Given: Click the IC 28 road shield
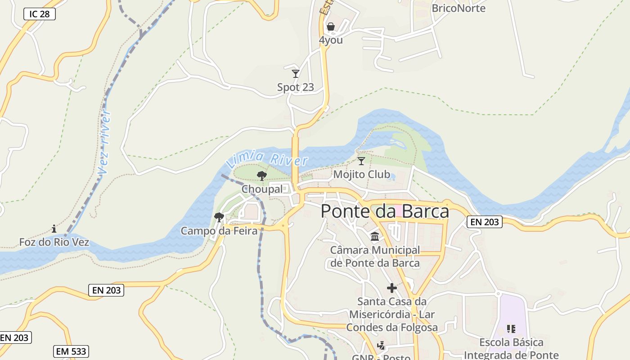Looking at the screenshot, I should click(40, 14).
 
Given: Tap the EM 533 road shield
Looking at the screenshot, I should click(71, 351).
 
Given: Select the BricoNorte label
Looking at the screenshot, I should click(458, 8).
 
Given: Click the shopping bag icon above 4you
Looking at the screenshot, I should click(331, 27).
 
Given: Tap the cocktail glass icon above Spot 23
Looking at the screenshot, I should click(296, 73).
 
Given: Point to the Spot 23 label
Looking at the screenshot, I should click(295, 87).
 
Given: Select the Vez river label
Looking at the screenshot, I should click(105, 142).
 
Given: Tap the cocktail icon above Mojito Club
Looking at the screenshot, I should click(361, 161).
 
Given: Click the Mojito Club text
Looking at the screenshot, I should click(361, 174).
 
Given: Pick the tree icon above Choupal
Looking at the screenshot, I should click(261, 176).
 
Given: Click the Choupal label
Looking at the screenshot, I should click(262, 189).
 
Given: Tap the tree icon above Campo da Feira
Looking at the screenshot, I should click(219, 218).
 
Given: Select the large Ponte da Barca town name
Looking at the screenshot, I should click(385, 211).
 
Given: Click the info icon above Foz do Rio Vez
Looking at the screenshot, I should click(54, 229).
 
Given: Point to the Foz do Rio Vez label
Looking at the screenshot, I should click(54, 243).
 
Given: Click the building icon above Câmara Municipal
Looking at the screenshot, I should click(375, 236).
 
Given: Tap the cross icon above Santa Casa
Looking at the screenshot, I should click(392, 288).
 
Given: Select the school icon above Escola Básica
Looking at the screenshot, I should click(511, 329).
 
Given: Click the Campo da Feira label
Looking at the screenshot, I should click(219, 231).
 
